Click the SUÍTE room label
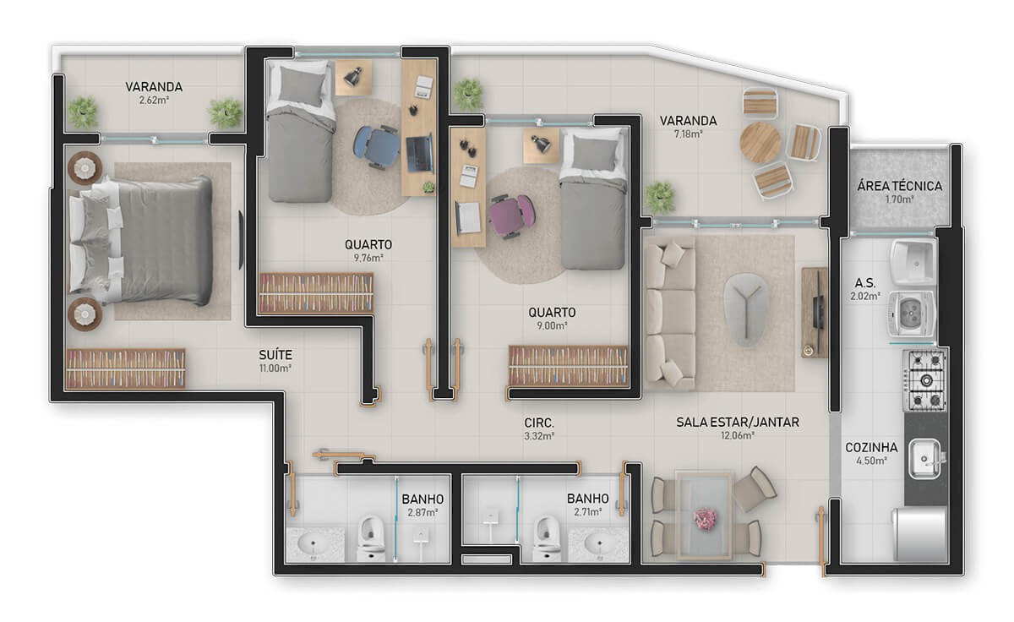coord(275,355)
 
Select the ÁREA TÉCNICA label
coord(899,186)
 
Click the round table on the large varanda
coord(760,142)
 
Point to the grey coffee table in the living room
coord(747,309)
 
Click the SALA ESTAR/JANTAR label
coord(737,422)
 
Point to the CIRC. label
coord(538,422)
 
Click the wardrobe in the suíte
coord(125,368)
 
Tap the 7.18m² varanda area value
coord(689,134)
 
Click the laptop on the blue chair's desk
coord(417,151)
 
